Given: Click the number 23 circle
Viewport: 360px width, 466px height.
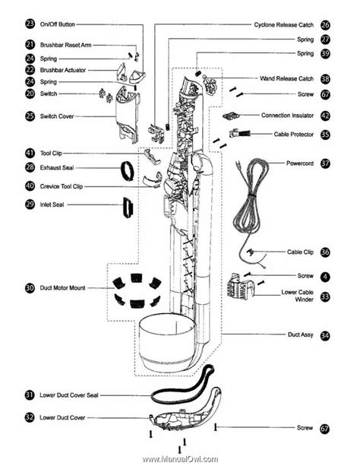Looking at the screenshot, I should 30,24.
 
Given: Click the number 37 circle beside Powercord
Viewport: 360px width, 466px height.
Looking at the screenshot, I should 325,163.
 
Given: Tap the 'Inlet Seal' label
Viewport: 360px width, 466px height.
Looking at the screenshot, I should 54,204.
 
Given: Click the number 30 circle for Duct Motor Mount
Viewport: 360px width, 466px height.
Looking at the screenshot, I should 30,288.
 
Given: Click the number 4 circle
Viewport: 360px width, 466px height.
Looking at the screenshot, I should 325,276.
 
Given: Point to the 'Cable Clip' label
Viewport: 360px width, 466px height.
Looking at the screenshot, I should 299,252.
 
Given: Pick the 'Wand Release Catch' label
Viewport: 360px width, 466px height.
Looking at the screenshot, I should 286,78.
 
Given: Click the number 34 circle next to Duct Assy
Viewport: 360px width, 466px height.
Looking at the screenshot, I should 325,334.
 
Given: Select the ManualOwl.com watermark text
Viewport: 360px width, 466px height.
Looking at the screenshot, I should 180,459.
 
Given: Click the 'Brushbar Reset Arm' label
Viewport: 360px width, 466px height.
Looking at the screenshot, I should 66,45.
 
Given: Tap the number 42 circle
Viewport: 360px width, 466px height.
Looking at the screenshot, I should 325,116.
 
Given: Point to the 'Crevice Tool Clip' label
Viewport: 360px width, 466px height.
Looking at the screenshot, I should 62,185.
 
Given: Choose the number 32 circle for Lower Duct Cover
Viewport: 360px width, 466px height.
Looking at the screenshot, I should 30,417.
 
